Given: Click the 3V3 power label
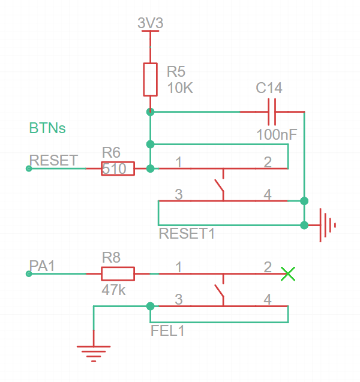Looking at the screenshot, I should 150,23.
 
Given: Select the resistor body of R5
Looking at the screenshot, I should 150,79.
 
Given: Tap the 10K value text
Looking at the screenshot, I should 180,89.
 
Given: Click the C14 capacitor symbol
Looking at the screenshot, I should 271,112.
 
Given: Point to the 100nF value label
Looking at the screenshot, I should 277,134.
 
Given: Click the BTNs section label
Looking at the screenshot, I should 47,128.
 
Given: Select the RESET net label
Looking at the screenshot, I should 53,160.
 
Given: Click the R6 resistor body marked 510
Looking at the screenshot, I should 117,169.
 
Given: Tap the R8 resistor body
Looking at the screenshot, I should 117,274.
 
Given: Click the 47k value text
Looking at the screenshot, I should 115,291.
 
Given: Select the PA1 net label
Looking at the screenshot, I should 42,266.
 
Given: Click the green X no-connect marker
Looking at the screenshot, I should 289,274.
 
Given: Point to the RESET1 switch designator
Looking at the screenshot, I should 187,234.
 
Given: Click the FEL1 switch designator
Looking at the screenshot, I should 167,330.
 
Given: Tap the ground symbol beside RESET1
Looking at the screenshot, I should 326,225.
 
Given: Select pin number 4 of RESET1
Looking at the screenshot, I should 267,194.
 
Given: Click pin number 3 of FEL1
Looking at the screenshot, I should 178,299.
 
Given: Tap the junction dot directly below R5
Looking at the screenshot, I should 150,112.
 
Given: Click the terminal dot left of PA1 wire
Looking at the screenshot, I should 29,274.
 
